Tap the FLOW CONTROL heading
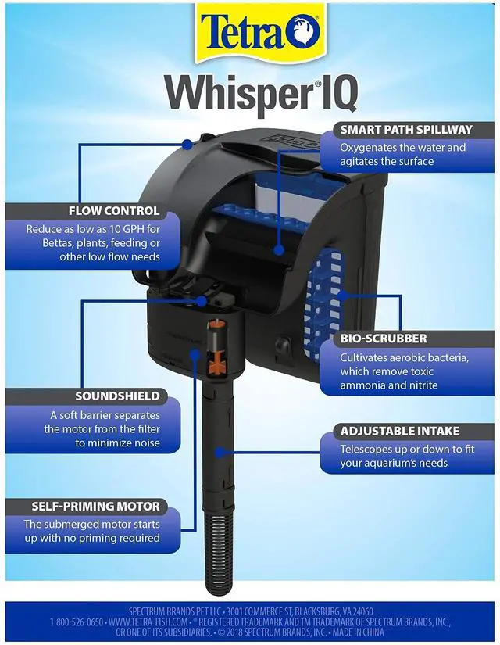coord(114,211)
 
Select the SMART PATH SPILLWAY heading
coord(405,130)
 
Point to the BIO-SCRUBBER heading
coord(383,339)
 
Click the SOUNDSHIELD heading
coord(117,396)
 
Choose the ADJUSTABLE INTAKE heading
coord(399,431)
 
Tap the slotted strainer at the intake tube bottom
coord(213,547)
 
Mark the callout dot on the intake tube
coord(221,451)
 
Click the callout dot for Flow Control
coord(187,144)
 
